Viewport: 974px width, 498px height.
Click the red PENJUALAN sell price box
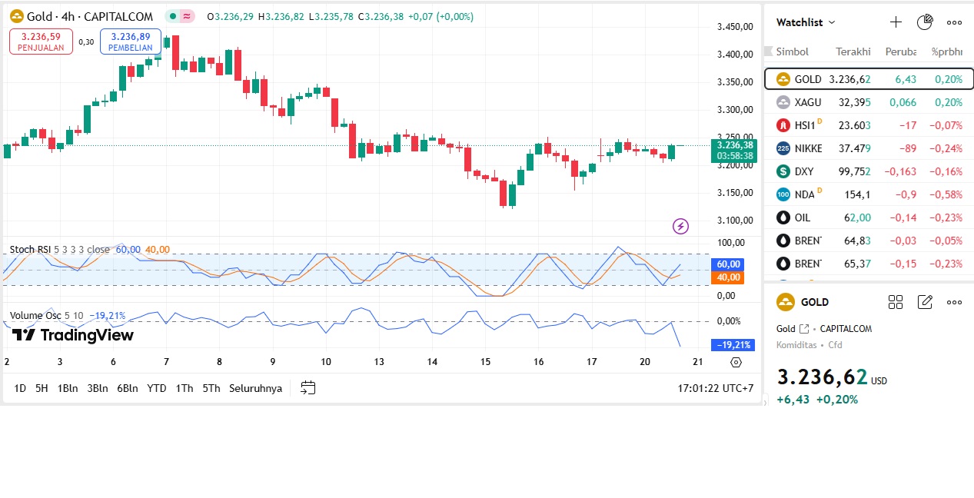[41, 41]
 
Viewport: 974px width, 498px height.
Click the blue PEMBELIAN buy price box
[130, 41]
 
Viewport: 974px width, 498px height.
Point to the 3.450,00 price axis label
[733, 27]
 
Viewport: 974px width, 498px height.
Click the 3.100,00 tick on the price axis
[733, 221]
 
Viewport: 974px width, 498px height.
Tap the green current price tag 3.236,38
[735, 144]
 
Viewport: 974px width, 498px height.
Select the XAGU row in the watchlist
[869, 102]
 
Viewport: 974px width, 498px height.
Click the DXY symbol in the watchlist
[803, 171]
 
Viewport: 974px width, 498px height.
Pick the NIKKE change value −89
[906, 148]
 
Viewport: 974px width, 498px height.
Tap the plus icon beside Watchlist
[896, 22]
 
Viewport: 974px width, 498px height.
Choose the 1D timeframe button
[20, 388]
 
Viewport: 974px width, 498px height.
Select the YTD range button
[157, 388]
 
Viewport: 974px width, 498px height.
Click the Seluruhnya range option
[255, 388]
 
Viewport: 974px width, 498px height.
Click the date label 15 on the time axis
[485, 362]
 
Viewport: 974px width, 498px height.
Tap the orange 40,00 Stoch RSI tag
[729, 277]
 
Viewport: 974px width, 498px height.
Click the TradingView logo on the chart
[73, 335]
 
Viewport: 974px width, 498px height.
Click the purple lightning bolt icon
[680, 226]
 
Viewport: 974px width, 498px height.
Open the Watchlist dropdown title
[806, 22]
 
